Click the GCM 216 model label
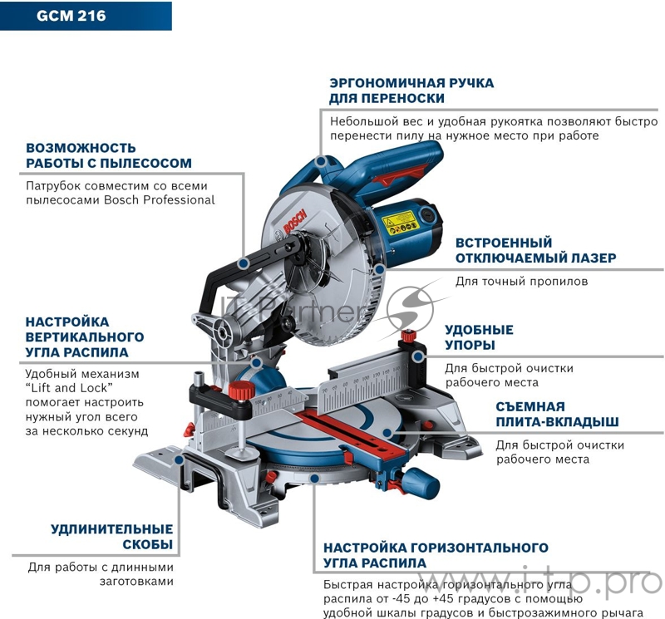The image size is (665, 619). [x=71, y=15]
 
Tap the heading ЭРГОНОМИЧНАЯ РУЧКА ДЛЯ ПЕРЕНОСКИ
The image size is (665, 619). [x=411, y=91]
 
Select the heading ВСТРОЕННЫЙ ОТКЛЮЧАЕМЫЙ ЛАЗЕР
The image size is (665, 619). [x=535, y=250]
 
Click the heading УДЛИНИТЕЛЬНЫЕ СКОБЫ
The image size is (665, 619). [x=111, y=537]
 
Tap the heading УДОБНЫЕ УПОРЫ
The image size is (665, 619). [x=479, y=337]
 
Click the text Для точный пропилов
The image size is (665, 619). [x=521, y=282]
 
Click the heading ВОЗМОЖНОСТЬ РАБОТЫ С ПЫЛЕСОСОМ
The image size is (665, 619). [x=108, y=155]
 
